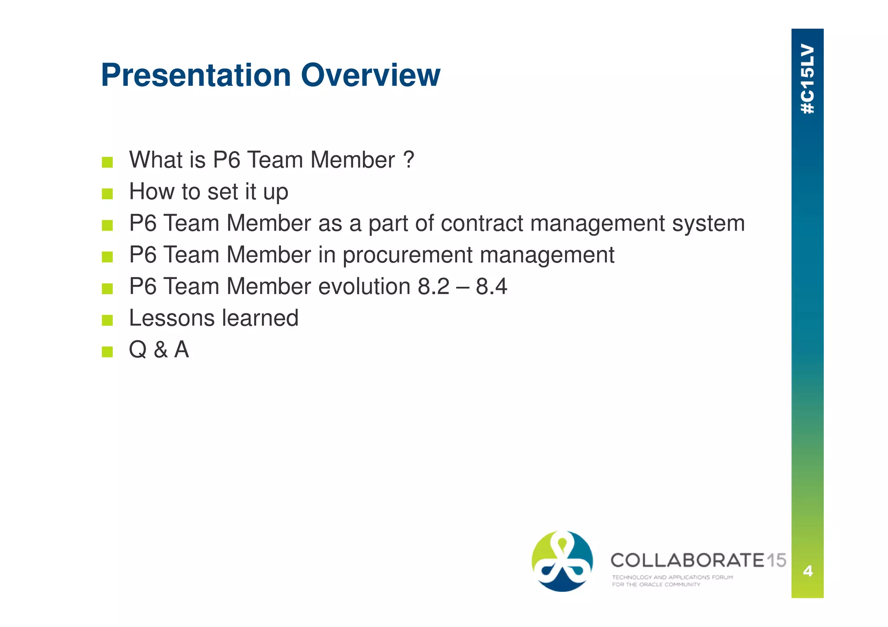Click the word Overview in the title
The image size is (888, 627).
click(371, 75)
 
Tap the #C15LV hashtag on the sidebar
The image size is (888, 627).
click(807, 79)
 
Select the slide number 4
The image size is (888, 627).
click(807, 571)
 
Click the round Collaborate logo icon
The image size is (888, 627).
click(562, 561)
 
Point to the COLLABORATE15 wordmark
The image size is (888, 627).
click(698, 560)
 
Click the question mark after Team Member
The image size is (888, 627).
click(408, 160)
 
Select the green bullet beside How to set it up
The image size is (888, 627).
click(107, 194)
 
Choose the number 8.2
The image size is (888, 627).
click(434, 287)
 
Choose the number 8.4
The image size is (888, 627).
click(491, 287)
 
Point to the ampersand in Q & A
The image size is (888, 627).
click(160, 350)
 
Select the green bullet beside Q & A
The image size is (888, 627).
click(107, 351)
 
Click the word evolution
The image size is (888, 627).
click(364, 287)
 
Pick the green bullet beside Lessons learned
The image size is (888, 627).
click(107, 320)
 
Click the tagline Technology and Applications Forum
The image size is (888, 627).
click(672, 577)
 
